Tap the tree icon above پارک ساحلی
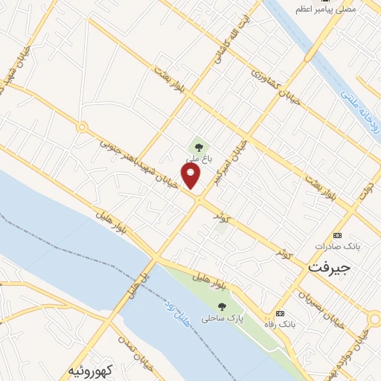coord(222,306)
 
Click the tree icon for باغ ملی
coord(198,145)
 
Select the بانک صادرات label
coord(332,246)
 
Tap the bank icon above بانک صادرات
coord(336,234)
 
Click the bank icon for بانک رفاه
coord(280,313)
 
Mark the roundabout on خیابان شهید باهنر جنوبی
coord(82,127)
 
